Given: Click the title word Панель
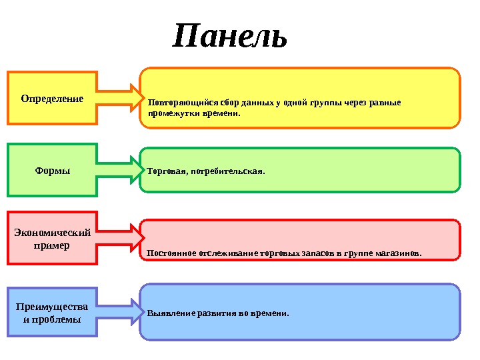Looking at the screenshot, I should pos(231,37).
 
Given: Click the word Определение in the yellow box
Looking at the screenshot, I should pos(52,99).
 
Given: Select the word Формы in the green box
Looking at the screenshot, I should pos(52,171).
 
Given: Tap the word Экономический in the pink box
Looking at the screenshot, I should pos(52,233).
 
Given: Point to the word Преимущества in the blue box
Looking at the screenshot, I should pos(52,307).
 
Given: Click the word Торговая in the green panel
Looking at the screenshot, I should pos(165,171).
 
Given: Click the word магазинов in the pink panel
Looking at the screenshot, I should pos(398,254).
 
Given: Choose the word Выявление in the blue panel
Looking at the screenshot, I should pos(168,313).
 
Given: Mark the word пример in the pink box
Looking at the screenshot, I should pos(52,245).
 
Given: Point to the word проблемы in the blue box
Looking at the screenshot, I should pos(61,319).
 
